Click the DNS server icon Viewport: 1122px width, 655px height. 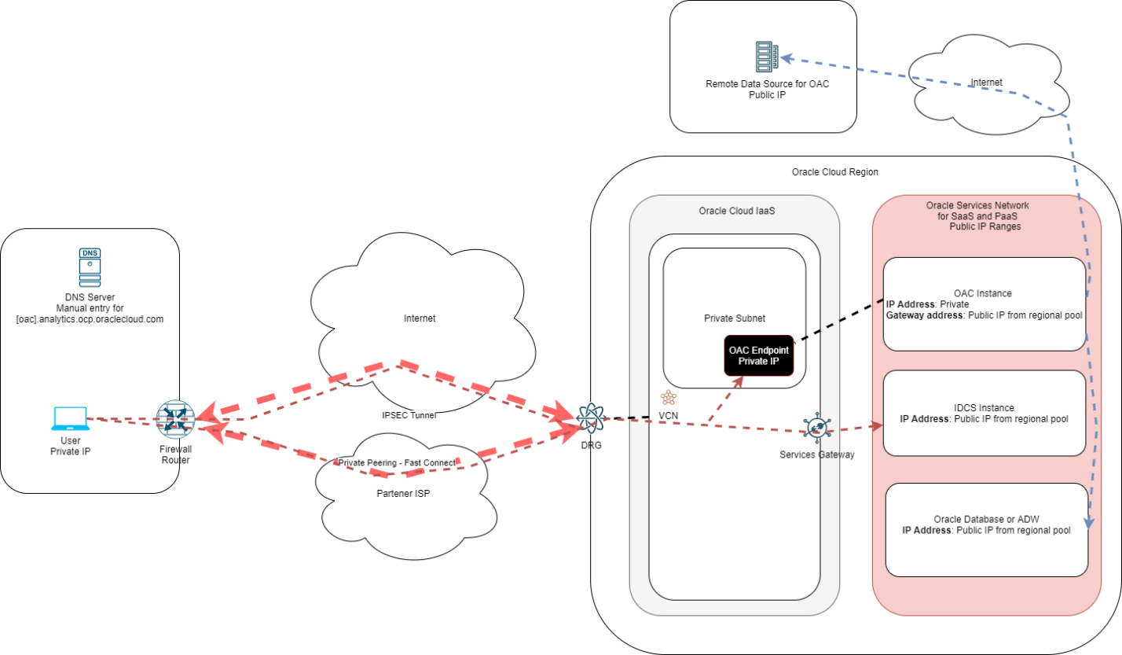90,267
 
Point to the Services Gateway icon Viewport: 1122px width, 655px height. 817,428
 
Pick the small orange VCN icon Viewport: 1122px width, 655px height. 669,398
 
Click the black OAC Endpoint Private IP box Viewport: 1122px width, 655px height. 759,355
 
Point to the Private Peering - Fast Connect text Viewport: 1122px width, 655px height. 397,463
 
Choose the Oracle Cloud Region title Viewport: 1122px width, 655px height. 835,172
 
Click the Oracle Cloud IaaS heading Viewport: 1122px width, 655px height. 734,211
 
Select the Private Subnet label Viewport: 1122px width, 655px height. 734,318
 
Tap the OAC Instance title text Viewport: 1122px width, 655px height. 985,293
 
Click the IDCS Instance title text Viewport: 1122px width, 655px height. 984,407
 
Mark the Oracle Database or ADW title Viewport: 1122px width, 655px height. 986,520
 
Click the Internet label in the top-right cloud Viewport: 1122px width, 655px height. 986,82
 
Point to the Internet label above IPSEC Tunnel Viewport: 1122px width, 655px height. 420,318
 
